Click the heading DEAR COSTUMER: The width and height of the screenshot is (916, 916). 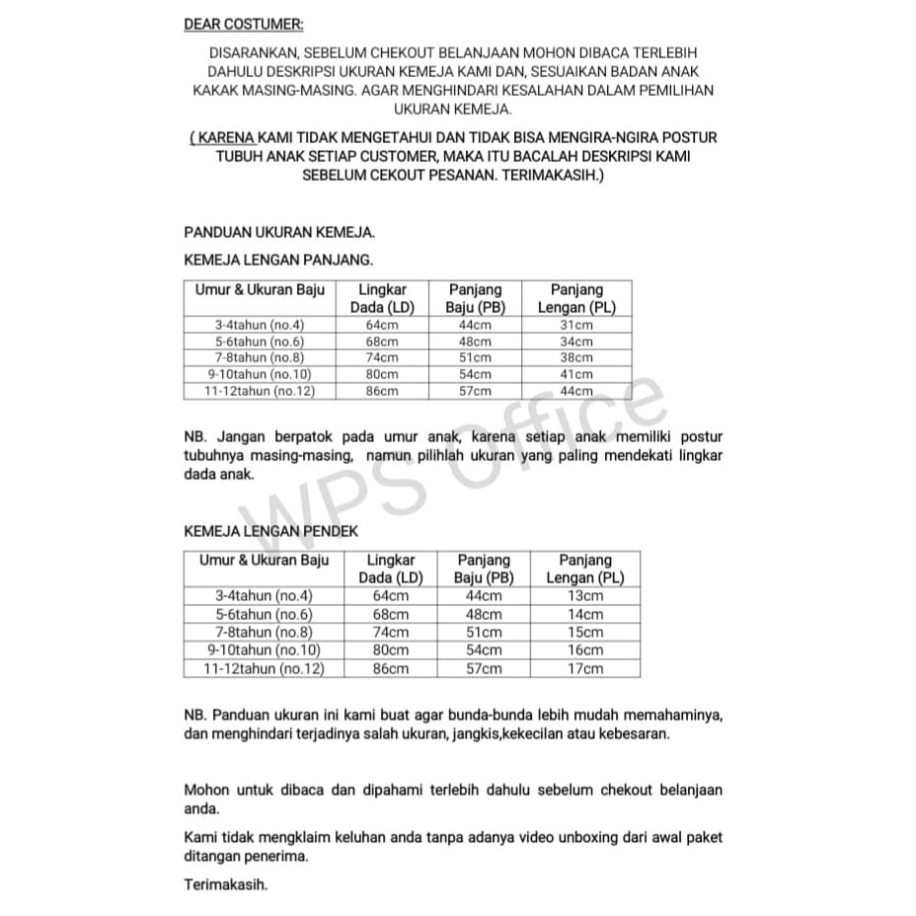(244, 24)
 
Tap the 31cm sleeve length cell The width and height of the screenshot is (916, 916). (576, 324)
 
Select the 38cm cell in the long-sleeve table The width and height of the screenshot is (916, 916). (576, 357)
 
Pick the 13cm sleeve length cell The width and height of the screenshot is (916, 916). (585, 595)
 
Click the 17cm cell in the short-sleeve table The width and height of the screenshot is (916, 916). (585, 668)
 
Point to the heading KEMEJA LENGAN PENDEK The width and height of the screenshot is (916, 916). (270, 531)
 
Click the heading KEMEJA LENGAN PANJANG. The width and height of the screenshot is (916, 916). (278, 260)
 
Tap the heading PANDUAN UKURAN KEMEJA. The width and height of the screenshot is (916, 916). (279, 233)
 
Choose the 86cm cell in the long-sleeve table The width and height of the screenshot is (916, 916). (382, 391)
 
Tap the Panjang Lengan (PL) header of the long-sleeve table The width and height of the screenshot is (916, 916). (576, 298)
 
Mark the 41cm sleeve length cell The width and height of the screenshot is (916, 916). (576, 374)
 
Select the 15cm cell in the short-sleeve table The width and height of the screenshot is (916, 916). (585, 632)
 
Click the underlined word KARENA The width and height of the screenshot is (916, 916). (225, 137)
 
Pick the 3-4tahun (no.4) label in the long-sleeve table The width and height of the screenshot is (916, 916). (261, 324)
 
